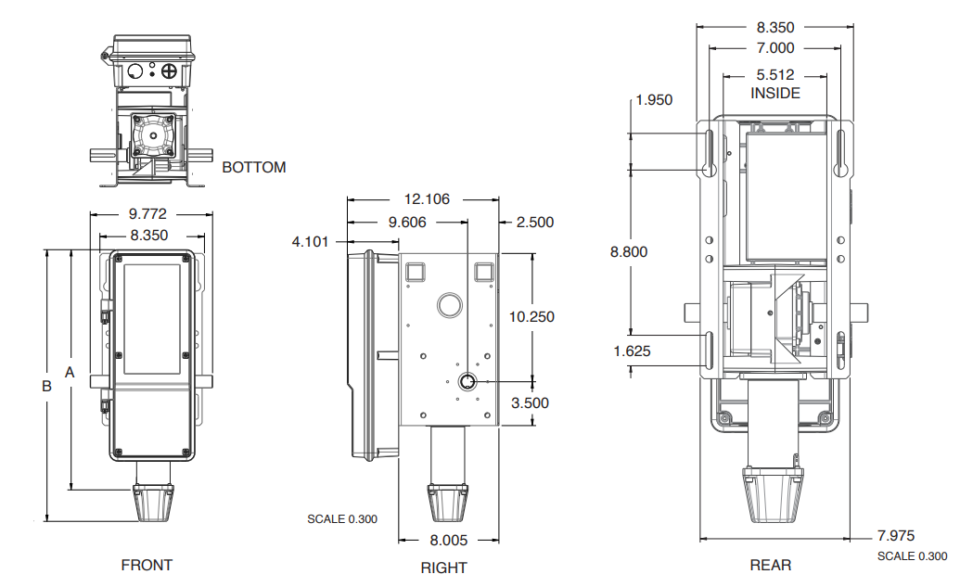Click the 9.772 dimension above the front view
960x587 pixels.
point(148,214)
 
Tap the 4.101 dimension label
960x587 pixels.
point(311,242)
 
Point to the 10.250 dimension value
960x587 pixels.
point(531,317)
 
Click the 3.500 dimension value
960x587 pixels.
point(530,402)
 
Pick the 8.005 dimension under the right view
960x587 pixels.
point(449,540)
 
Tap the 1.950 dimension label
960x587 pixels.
point(654,100)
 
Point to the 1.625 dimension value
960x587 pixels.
point(632,351)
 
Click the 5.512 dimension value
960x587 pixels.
point(774,75)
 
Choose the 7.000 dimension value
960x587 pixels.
point(775,48)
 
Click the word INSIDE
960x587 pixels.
point(775,93)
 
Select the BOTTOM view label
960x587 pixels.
point(254,168)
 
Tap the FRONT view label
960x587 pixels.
point(147,565)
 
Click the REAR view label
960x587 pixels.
point(771,565)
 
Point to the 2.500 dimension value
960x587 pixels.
point(535,223)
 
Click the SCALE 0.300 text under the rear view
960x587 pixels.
point(912,556)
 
